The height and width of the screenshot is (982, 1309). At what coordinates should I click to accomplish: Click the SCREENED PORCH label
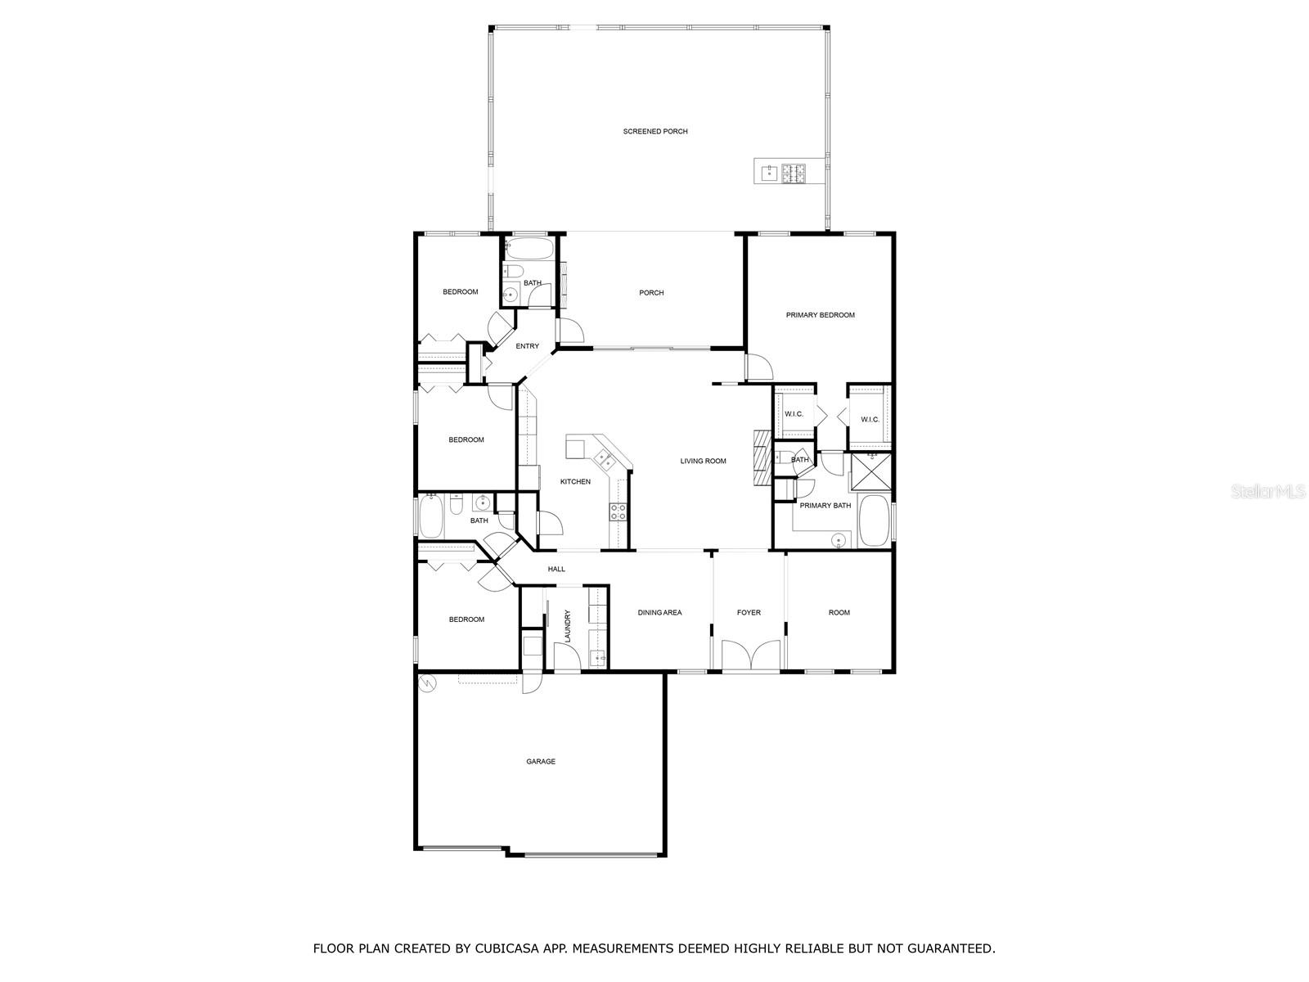coord(654,132)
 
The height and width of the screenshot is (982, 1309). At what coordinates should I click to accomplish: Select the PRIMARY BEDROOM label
coord(820,315)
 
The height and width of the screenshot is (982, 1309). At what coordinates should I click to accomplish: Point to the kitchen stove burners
coord(618,512)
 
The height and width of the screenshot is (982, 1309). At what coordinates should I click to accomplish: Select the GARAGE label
coord(540,762)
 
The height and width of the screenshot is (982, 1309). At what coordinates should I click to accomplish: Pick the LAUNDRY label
coord(567,625)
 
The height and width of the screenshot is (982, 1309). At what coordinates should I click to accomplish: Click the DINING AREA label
coord(659,613)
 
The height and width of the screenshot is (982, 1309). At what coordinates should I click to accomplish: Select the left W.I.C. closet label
coord(794,414)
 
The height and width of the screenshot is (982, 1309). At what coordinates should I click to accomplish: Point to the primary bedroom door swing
coord(758,367)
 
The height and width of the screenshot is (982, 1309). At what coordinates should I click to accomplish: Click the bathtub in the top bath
coord(529,248)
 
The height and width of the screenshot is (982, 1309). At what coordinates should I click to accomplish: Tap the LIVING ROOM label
coord(703,462)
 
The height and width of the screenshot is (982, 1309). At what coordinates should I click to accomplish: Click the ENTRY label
coord(527,346)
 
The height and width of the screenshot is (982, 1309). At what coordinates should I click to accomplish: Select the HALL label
coord(556,570)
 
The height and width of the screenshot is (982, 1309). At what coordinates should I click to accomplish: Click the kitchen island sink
coord(605,462)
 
